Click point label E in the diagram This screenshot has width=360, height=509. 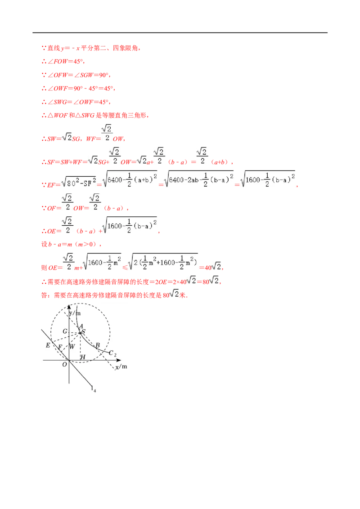coord(48,345)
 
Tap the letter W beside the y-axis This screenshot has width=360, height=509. coord(72,347)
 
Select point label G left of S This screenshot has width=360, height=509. coord(65,331)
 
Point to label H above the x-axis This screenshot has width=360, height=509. coord(83,357)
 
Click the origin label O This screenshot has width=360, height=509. coord(65,365)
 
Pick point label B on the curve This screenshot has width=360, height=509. coord(98,345)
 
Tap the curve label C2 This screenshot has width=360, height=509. coord(112,353)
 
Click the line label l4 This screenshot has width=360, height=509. coord(94,388)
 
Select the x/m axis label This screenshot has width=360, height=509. coord(121,366)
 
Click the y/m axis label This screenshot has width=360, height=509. coord(75,313)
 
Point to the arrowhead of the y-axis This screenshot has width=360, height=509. coord(69,307)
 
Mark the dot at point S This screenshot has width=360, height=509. coord(80,333)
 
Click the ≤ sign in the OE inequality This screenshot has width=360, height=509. coord(125,268)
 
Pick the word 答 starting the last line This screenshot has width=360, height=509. coord(44,295)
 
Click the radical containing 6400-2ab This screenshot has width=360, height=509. coord(199,179)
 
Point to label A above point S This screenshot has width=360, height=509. coord(81,326)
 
